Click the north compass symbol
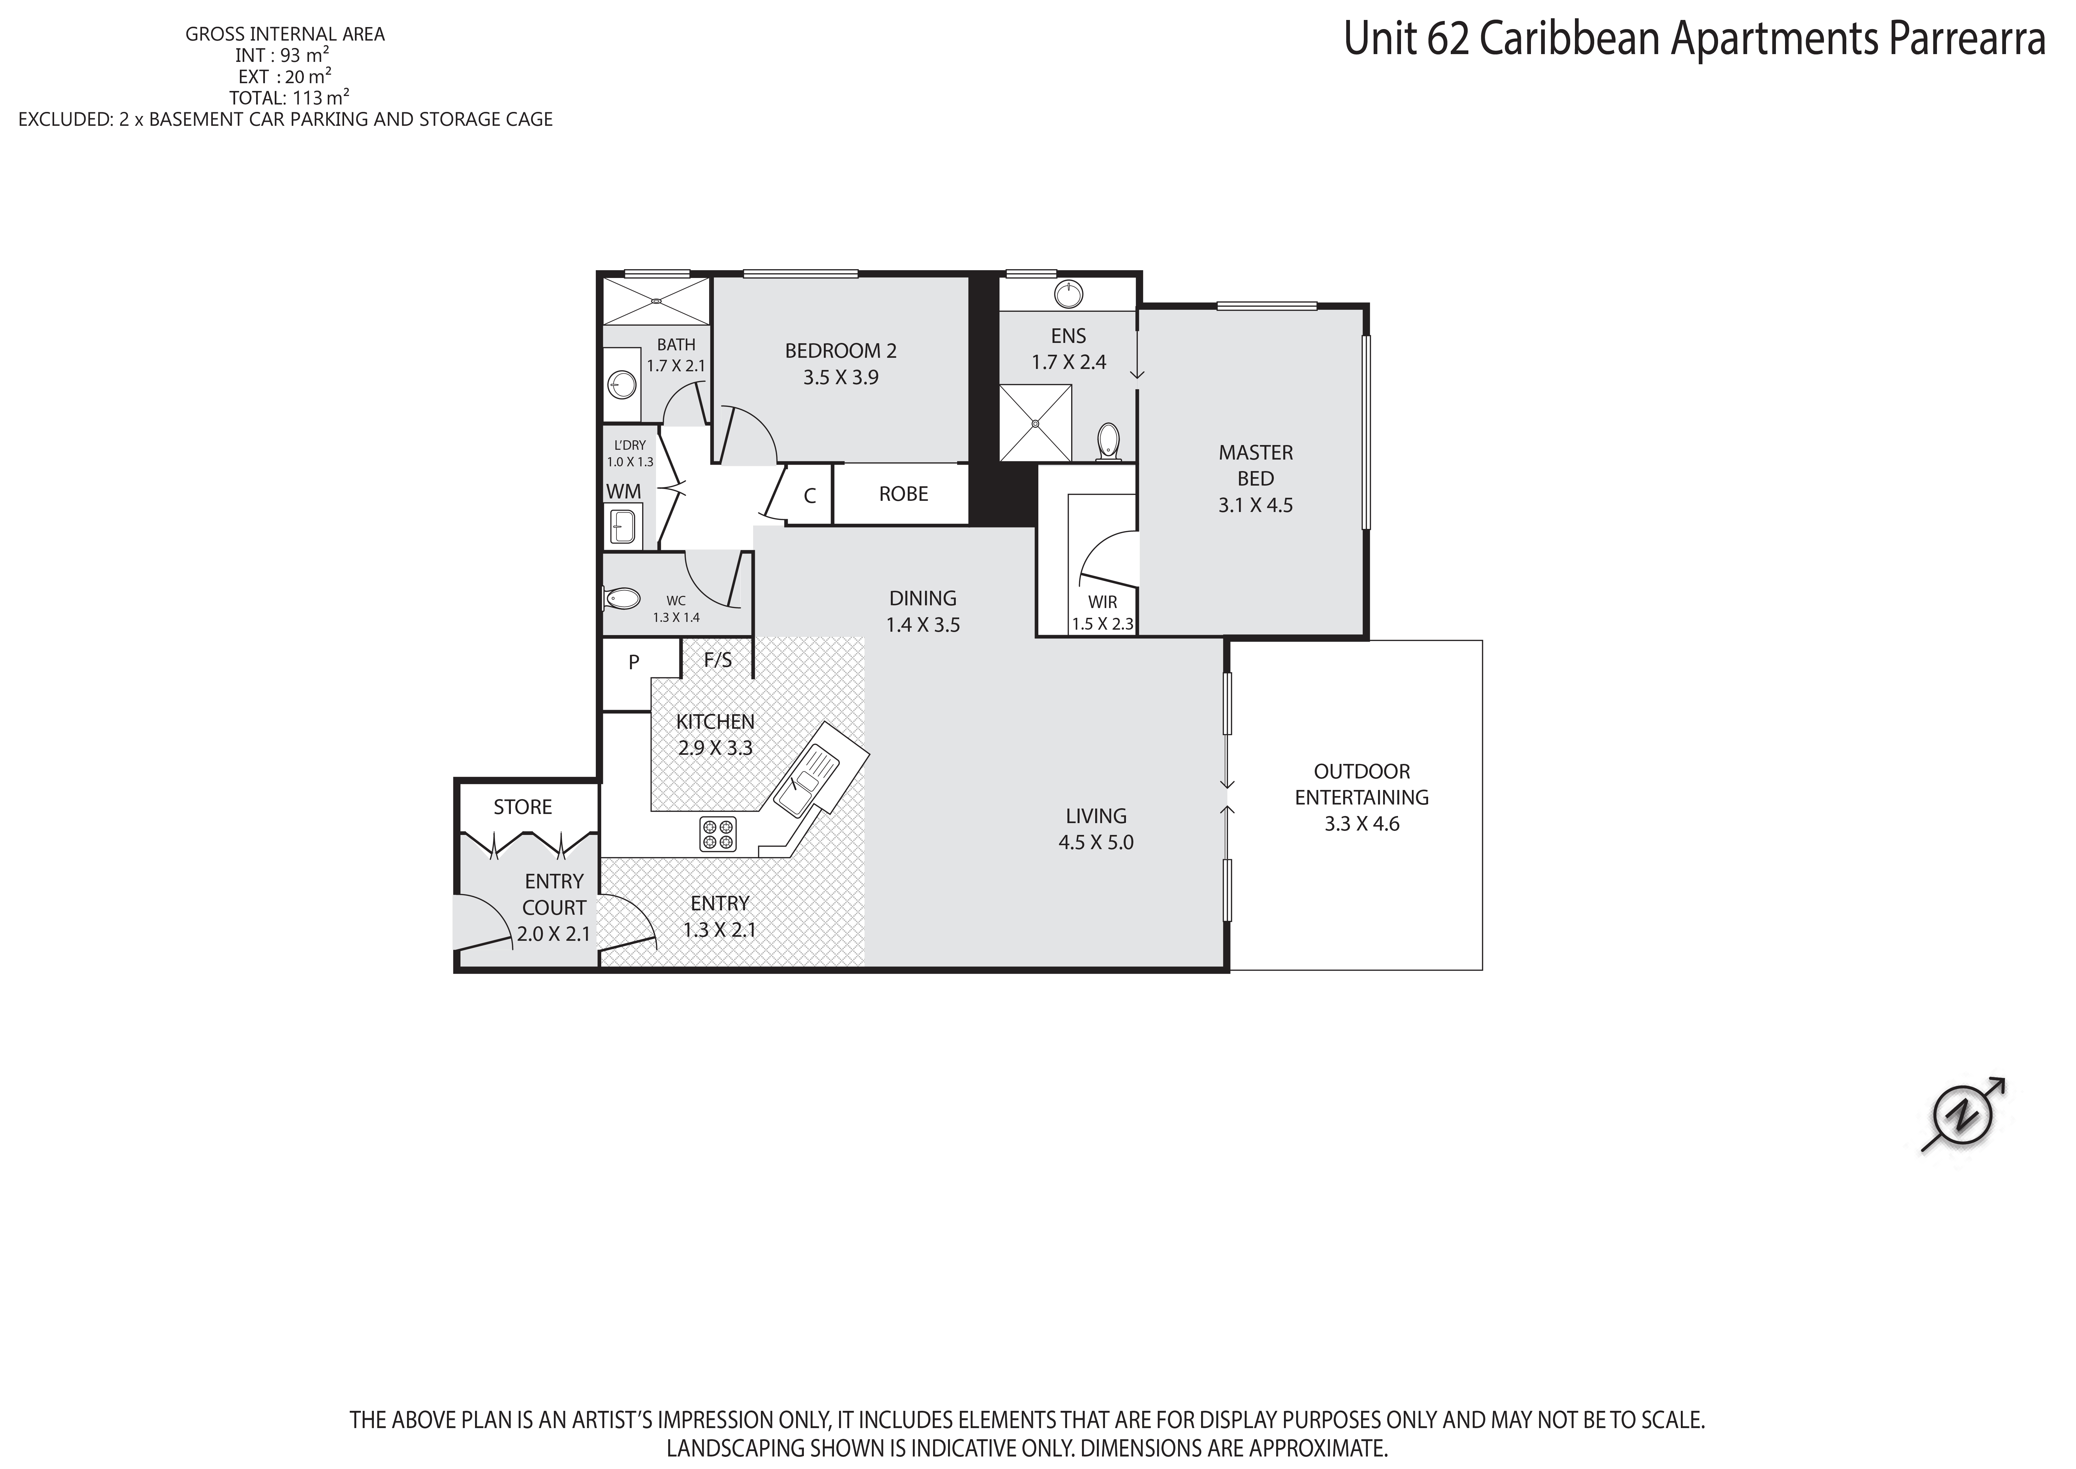[x=1963, y=1115]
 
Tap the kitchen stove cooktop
[x=718, y=834]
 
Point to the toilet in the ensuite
[x=1108, y=442]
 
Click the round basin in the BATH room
[x=621, y=384]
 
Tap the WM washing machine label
[x=624, y=491]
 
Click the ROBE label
[x=903, y=494]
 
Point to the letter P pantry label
[x=633, y=662]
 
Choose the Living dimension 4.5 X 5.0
[x=1096, y=842]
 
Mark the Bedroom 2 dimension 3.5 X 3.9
[x=841, y=377]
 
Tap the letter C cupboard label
[x=810, y=496]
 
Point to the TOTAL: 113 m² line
[x=290, y=98]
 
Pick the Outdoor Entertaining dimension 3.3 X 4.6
[x=1362, y=824]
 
